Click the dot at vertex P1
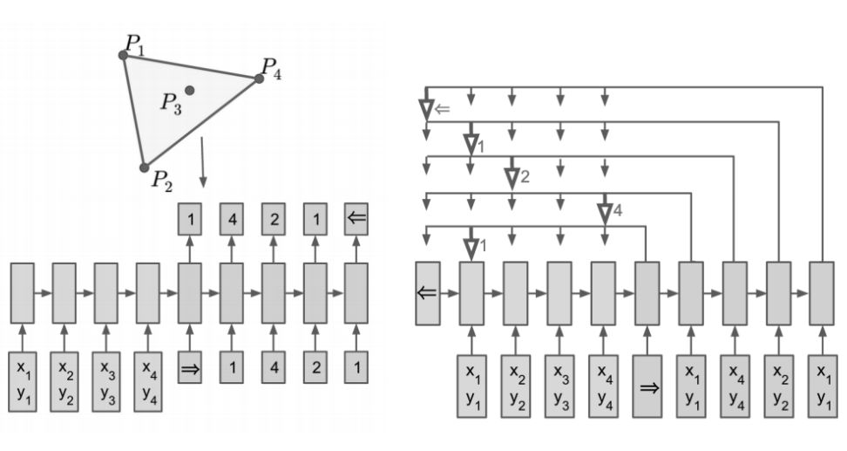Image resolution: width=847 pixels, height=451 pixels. point(124,55)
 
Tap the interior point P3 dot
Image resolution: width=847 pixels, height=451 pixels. point(189,90)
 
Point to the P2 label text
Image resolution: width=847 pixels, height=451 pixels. point(161,181)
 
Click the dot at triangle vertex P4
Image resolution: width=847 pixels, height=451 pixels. point(259,79)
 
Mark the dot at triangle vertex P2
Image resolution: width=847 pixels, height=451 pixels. point(145,167)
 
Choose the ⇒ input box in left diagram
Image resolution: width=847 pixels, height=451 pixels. point(189,366)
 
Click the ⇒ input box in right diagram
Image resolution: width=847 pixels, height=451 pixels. point(649,386)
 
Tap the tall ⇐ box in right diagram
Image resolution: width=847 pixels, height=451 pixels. point(427,293)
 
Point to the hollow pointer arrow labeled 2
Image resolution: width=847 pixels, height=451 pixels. point(512,177)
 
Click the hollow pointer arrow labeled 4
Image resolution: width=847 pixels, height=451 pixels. point(605,211)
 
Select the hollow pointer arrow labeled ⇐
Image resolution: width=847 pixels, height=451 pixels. point(426,108)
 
